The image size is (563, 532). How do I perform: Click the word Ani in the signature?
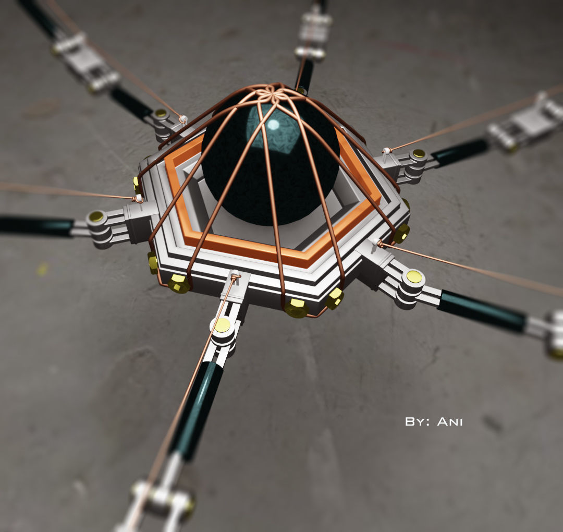click(450, 421)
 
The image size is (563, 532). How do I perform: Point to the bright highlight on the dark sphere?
click(272, 125)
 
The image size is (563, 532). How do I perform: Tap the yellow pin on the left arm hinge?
click(96, 216)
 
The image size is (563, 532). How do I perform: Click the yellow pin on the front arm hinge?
click(223, 325)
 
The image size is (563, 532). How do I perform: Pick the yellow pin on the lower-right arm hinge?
click(414, 276)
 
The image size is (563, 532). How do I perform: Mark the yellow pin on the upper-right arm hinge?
click(419, 154)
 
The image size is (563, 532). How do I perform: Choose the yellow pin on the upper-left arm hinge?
click(161, 113)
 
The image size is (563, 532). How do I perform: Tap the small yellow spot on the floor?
click(42, 269)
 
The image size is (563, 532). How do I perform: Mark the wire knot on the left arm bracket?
click(138, 198)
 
